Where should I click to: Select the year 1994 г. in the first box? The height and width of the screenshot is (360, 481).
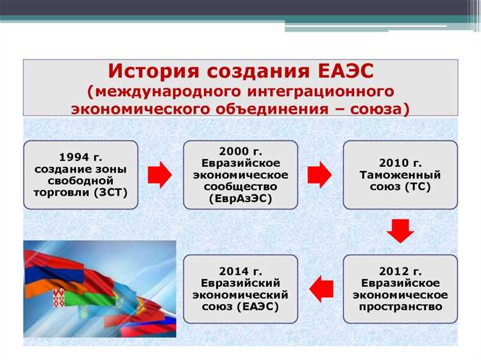point(81,157)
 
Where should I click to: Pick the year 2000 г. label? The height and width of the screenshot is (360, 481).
point(240,151)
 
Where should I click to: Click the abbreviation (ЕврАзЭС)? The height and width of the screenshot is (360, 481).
point(240,199)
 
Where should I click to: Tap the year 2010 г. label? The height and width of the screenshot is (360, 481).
point(400,162)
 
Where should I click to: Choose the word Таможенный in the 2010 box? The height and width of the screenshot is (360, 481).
point(400,175)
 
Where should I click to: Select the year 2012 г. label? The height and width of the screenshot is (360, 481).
point(400,270)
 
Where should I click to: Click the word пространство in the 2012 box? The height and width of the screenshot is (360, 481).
point(400,307)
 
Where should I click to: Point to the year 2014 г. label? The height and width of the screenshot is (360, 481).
point(240,270)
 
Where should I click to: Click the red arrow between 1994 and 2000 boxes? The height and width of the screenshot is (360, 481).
point(160,174)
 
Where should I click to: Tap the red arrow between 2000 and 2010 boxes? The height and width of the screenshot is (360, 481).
point(319,174)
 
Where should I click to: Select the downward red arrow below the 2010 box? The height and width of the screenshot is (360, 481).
point(400,230)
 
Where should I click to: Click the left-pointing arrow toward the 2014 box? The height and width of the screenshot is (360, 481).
point(320,288)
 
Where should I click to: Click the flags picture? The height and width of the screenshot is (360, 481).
point(99,289)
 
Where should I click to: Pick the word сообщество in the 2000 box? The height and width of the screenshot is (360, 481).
point(240,187)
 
